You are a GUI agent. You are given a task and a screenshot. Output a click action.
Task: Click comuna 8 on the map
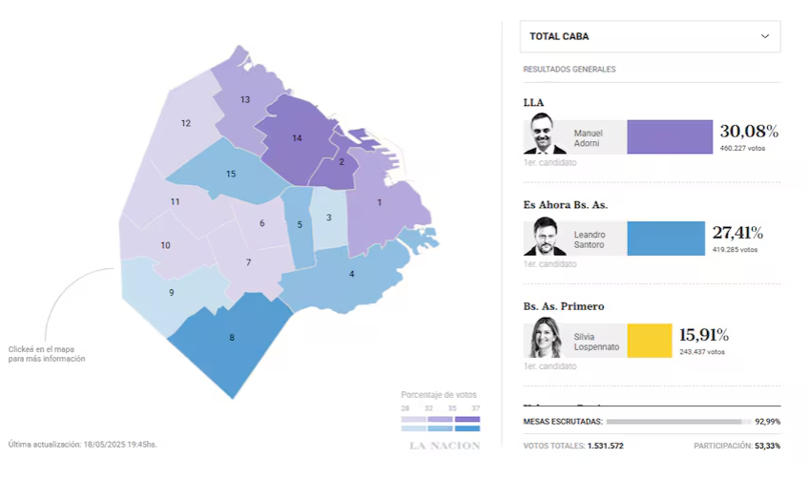pyautogui.click(x=231, y=338)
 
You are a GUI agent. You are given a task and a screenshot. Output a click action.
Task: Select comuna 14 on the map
pyautogui.click(x=297, y=138)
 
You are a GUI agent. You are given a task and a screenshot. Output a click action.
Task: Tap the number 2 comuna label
pyautogui.click(x=342, y=161)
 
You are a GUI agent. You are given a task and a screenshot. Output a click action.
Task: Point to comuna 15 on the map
pyautogui.click(x=231, y=174)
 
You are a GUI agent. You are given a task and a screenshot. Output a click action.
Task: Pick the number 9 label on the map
pyautogui.click(x=172, y=292)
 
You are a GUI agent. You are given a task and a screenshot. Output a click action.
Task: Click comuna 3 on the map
pyautogui.click(x=328, y=218)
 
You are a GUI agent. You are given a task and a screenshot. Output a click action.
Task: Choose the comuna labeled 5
pyautogui.click(x=300, y=225)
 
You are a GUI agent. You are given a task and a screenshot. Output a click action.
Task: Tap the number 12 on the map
pyautogui.click(x=186, y=123)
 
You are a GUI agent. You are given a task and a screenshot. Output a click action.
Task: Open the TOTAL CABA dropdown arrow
pyautogui.click(x=764, y=36)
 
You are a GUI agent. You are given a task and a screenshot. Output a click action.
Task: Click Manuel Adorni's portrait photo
pyautogui.click(x=545, y=134)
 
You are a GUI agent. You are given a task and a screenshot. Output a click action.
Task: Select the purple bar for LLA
pyautogui.click(x=669, y=136)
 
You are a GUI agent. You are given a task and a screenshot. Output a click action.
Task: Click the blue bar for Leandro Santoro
pyautogui.click(x=665, y=239)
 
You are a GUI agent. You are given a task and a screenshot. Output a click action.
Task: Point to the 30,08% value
pyautogui.click(x=749, y=131)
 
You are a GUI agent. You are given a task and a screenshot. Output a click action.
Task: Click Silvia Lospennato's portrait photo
pyautogui.click(x=545, y=338)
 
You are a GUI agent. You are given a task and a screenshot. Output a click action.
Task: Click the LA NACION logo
pyautogui.click(x=445, y=446)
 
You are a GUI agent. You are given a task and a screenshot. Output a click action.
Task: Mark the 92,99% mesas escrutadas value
pyautogui.click(x=767, y=421)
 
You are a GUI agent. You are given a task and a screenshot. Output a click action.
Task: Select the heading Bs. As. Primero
pyautogui.click(x=564, y=306)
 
